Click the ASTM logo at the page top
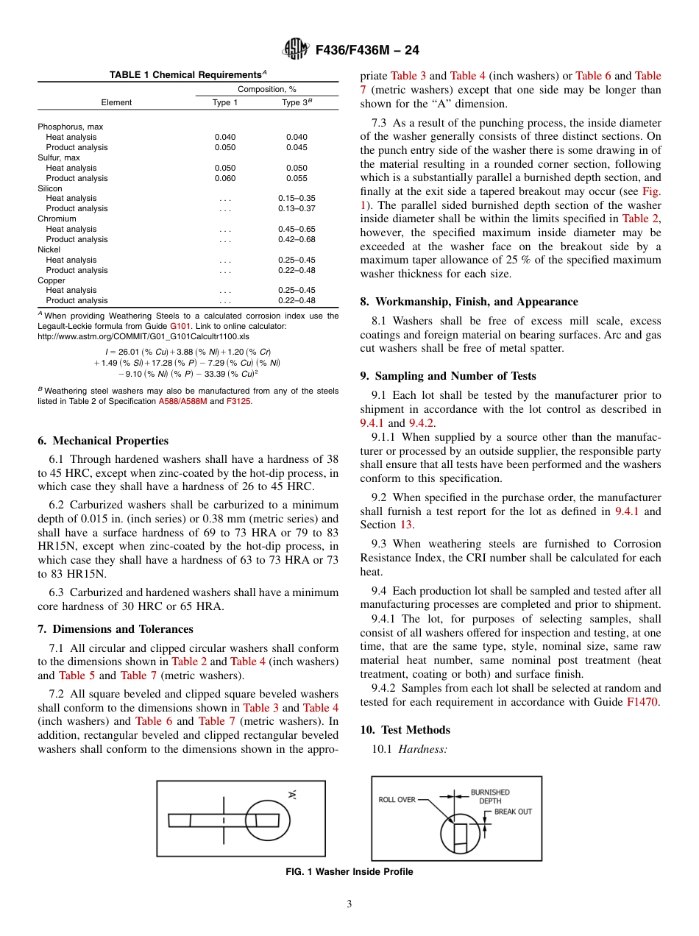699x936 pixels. click(x=296, y=50)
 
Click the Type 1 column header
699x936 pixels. click(x=224, y=102)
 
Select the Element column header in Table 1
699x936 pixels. click(x=116, y=102)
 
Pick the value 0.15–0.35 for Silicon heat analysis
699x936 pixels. click(x=297, y=198)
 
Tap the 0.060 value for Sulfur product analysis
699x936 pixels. click(x=224, y=178)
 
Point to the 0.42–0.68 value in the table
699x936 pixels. click(x=297, y=239)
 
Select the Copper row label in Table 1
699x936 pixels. click(x=52, y=280)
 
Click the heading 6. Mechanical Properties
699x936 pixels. click(x=103, y=441)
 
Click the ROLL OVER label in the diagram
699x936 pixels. click(x=397, y=800)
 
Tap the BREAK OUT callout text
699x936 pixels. click(x=513, y=812)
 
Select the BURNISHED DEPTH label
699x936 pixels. click(x=490, y=796)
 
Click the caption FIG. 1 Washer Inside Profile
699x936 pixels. click(x=349, y=872)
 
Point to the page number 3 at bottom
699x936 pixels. click(x=349, y=904)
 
